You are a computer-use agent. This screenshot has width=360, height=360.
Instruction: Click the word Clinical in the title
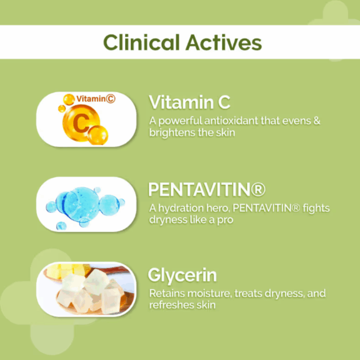[141, 42]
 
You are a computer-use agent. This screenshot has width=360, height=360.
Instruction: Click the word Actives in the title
[223, 42]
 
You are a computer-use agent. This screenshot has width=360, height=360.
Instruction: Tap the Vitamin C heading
[189, 102]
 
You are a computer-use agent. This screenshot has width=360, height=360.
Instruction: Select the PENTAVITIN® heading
[207, 189]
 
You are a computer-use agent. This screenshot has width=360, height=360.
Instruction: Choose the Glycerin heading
[182, 275]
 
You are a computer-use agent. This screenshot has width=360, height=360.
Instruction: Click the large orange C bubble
[81, 123]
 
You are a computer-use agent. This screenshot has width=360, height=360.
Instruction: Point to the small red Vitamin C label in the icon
[96, 99]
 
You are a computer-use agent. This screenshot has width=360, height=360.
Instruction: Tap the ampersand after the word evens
[317, 121]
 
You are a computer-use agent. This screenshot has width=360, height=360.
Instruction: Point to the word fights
[316, 208]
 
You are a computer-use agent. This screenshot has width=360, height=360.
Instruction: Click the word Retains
[167, 293]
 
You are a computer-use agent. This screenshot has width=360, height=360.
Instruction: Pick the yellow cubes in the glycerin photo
[69, 270]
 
